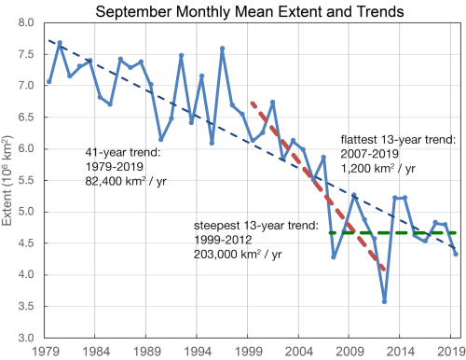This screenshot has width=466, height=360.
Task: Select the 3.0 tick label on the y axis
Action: [26, 338]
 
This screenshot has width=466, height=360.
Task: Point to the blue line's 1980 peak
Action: [60, 43]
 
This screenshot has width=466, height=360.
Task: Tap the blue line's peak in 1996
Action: [222, 48]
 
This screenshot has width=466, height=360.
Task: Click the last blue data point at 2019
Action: [456, 254]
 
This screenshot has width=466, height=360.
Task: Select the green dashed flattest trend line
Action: [391, 232]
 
